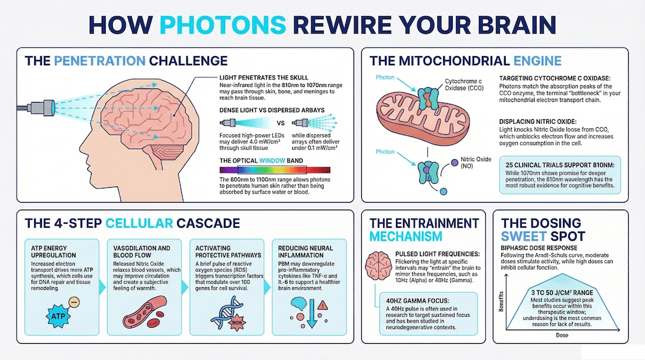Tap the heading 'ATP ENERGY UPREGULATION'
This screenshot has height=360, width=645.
(55, 250)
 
